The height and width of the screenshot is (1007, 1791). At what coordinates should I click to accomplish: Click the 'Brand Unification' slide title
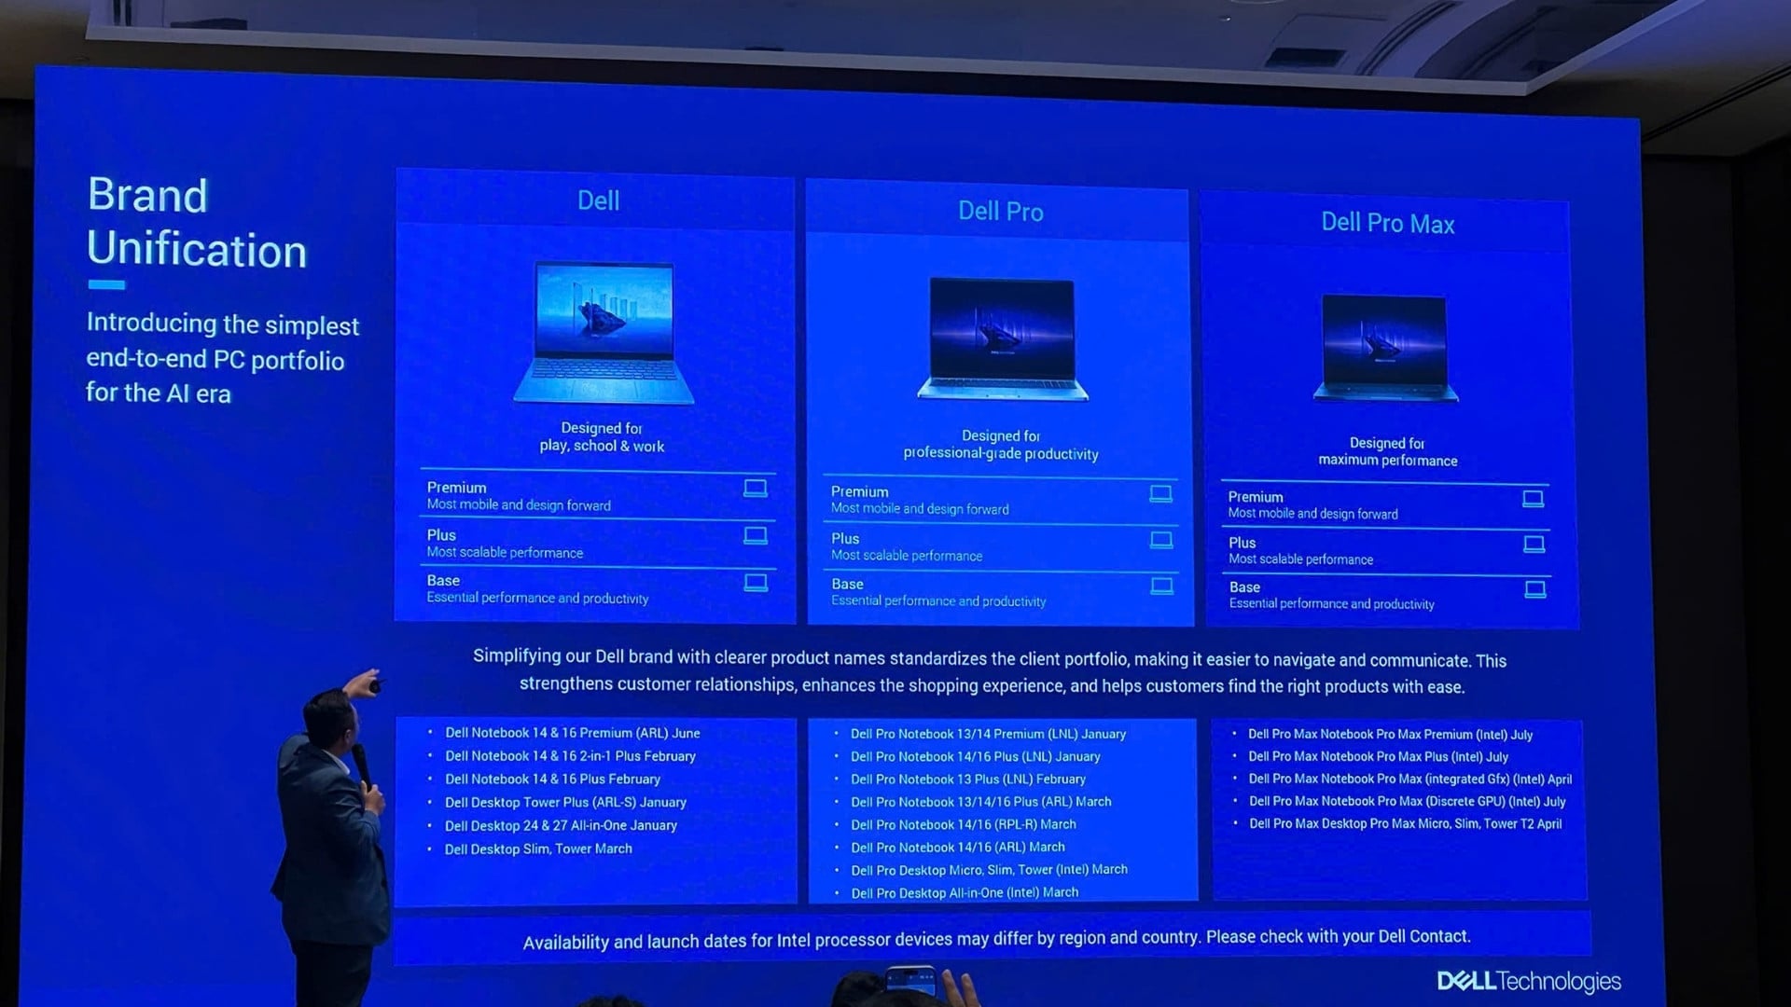click(x=196, y=223)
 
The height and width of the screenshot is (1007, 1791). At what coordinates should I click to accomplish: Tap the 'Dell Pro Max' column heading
click(x=1387, y=224)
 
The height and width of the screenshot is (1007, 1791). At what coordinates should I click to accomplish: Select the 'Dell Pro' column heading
click(x=1000, y=212)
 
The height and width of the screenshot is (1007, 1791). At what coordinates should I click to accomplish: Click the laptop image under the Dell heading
click(x=604, y=333)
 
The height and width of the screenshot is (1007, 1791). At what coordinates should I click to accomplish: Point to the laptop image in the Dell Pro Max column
click(x=1385, y=347)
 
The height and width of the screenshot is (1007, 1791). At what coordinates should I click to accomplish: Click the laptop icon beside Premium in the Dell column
click(x=756, y=489)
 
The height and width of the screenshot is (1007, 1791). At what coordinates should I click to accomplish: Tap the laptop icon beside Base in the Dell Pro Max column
click(x=1534, y=590)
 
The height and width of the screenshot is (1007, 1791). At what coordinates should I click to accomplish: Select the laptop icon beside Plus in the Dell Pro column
click(x=1161, y=541)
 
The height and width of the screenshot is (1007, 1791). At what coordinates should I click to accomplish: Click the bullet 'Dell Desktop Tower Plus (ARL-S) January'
click(x=565, y=803)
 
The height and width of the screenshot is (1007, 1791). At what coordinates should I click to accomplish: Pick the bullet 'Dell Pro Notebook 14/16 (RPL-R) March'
click(x=963, y=825)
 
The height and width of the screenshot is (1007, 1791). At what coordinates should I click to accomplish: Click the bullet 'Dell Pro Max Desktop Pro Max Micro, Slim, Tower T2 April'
click(x=1405, y=824)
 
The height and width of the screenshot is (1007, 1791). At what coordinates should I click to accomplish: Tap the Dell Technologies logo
click(x=1528, y=981)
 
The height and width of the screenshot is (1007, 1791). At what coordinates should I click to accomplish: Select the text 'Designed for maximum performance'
click(x=1387, y=452)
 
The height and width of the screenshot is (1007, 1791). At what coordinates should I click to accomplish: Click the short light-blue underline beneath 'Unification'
click(x=106, y=285)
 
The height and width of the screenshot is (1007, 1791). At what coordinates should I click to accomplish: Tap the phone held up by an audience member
click(x=910, y=979)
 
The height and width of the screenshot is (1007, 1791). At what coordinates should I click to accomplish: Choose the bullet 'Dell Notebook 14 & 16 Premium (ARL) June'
click(x=572, y=734)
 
